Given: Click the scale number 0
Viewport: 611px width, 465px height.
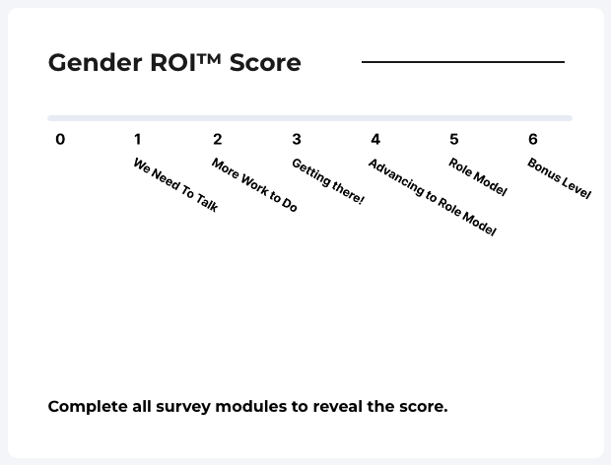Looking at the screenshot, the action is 60,140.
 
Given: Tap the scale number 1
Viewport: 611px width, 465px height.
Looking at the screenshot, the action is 138,140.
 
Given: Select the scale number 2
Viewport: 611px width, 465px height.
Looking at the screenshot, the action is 218,140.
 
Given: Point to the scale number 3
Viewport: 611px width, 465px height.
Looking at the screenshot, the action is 297,140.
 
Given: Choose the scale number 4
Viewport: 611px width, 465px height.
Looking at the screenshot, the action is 375,140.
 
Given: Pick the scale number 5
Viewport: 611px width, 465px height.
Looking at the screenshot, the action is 454,140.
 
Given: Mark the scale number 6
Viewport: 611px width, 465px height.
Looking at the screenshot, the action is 533,140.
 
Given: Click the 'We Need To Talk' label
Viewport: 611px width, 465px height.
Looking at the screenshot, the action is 175,185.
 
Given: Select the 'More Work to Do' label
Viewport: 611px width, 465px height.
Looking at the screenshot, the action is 254,184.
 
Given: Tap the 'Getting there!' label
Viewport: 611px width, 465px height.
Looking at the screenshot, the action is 328,181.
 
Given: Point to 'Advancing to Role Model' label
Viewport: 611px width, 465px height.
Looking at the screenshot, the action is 433,197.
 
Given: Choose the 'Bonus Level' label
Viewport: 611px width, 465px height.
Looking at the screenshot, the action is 559,178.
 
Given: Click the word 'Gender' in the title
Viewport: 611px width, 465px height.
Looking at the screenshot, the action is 95,63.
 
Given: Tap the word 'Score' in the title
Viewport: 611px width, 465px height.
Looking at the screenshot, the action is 265,63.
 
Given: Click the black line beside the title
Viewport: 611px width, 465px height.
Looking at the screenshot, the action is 463,62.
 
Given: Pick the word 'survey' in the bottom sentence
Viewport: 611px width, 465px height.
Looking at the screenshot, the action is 183,408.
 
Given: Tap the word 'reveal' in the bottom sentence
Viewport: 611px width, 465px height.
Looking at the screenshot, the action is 337,406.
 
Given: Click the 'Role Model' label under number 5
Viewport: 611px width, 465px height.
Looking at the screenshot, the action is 478,176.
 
